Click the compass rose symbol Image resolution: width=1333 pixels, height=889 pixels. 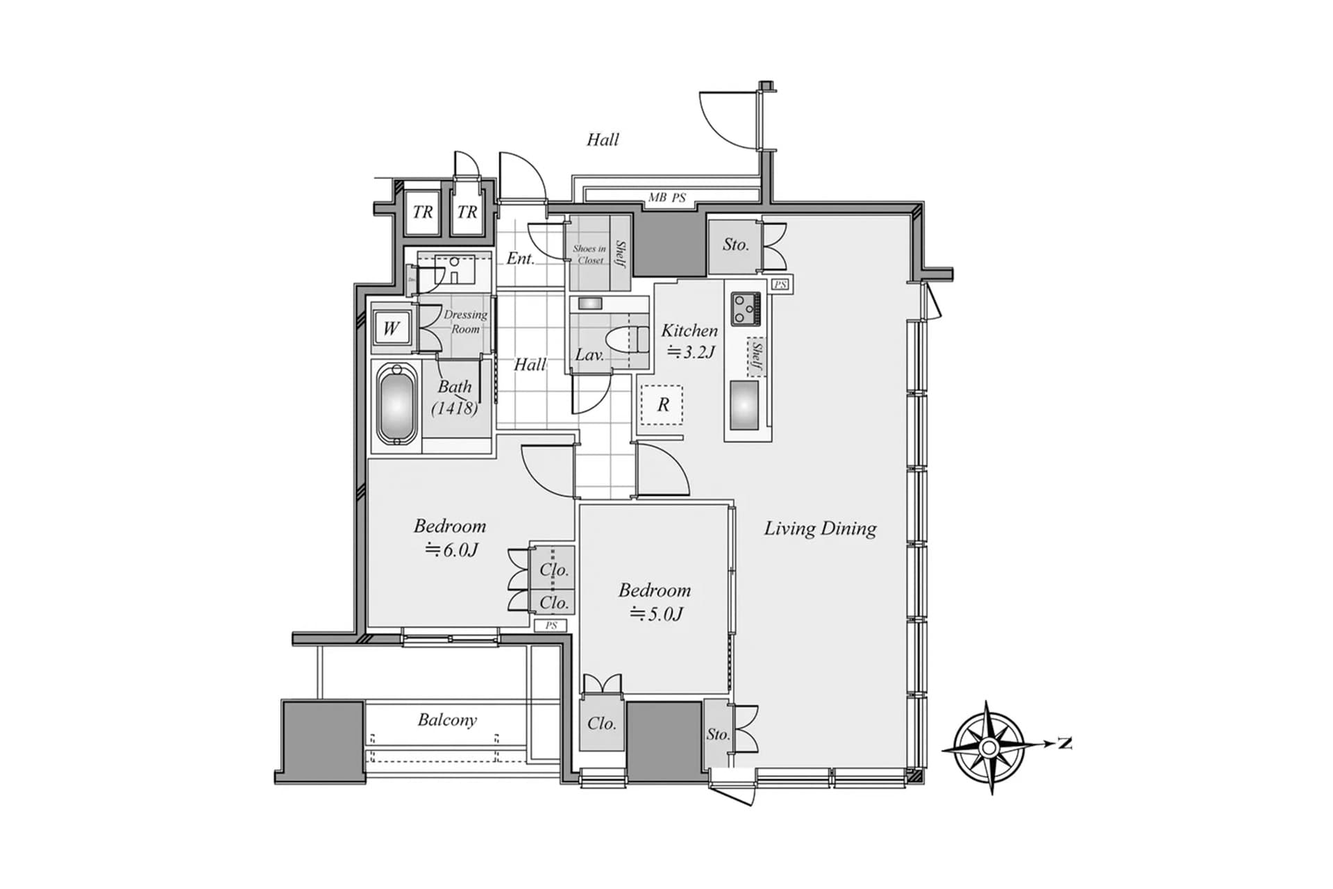point(989,747)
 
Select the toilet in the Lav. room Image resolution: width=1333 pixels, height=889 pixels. point(624,341)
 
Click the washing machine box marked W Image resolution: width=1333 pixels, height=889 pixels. point(391,328)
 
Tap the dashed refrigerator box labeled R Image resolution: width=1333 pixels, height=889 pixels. point(662,405)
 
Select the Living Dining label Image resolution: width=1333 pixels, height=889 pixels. point(820,529)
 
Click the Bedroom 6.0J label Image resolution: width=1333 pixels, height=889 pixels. point(450,538)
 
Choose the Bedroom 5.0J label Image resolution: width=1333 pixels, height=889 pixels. point(655,601)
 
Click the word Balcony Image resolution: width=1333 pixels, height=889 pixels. point(447,720)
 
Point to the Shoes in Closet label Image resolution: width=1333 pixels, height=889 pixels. point(589,254)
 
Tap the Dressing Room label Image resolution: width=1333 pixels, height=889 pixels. point(465,322)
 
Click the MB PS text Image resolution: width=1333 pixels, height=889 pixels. point(666,198)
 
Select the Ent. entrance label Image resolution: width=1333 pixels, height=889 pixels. point(520,258)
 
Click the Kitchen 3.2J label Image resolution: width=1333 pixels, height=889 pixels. point(689,340)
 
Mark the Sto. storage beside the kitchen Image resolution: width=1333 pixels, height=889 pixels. point(735,244)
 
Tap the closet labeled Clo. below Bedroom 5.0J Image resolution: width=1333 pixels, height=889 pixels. point(601,724)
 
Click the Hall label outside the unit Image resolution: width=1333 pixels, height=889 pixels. point(603,140)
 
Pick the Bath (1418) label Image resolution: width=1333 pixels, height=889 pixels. point(455,397)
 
